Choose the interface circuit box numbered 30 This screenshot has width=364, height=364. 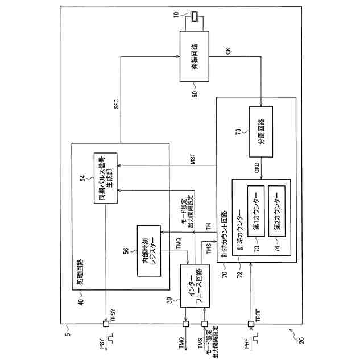pyautogui.click(x=194, y=286)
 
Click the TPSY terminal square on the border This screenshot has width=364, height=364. pyautogui.click(x=105, y=325)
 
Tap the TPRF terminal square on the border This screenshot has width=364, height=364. pyautogui.click(x=251, y=325)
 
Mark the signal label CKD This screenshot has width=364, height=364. pyautogui.click(x=257, y=169)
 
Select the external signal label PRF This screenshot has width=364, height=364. pyautogui.click(x=246, y=344)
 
